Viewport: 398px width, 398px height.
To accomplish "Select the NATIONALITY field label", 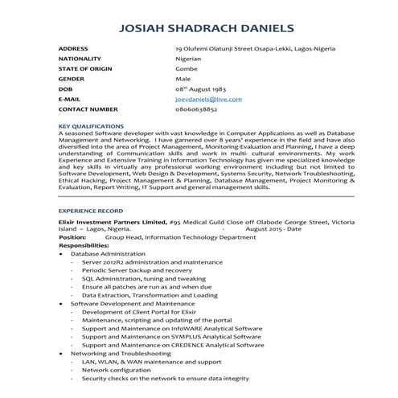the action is click(80, 59).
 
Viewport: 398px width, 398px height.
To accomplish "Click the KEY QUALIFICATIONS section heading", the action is click(91, 126).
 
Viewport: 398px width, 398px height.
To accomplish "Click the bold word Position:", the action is click(73, 237).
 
